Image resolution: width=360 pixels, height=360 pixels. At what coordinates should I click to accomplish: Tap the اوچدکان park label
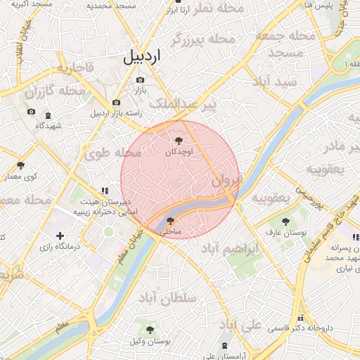pyautogui.click(x=179, y=152)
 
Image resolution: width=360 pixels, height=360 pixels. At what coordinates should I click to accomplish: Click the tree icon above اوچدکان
pyautogui.click(x=186, y=141)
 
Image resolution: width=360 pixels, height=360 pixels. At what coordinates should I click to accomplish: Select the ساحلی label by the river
pyautogui.click(x=171, y=231)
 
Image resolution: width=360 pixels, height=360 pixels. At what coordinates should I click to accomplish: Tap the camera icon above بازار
pyautogui.click(x=139, y=80)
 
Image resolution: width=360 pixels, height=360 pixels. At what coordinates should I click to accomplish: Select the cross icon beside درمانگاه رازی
pyautogui.click(x=60, y=236)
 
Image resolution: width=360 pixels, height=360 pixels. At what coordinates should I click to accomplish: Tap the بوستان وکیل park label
pyautogui.click(x=150, y=341)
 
